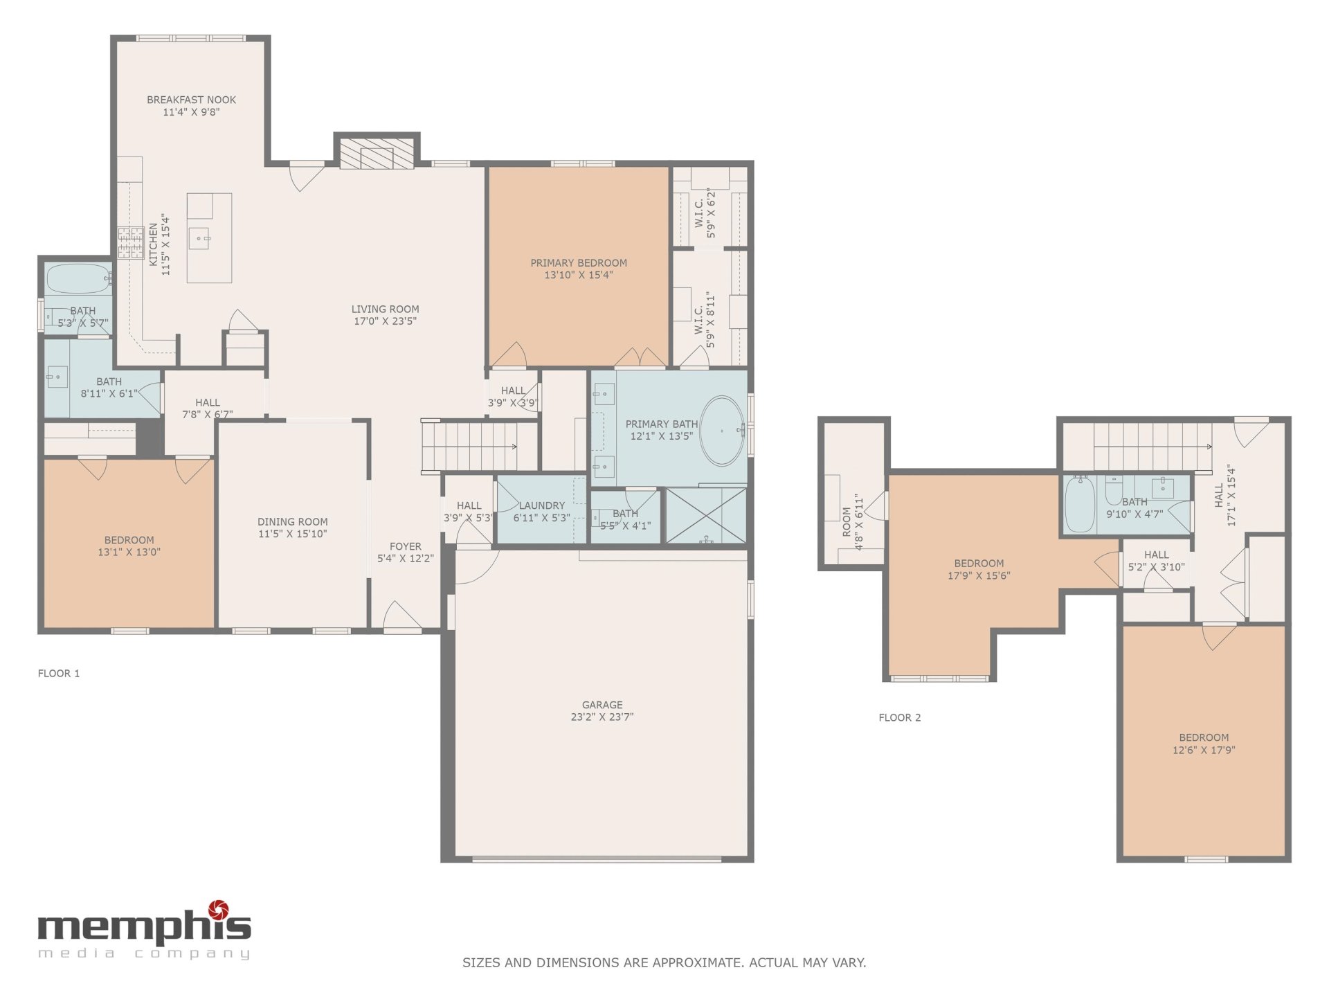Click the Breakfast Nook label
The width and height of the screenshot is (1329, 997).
coord(191,100)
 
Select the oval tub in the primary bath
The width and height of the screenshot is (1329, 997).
coord(722,431)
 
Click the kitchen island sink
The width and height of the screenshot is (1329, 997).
coord(202,239)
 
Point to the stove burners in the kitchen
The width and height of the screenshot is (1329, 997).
coord(131,243)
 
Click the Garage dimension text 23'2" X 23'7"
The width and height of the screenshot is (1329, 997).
coord(602,717)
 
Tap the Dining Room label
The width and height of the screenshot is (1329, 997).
coord(293,522)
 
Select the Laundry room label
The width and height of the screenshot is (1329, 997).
coord(542,505)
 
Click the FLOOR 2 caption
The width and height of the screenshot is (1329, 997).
coord(900,717)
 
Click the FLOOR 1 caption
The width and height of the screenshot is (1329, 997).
coord(59,673)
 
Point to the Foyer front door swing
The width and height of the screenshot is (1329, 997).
coord(402,616)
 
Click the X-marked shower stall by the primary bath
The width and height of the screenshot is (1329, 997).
coord(706,515)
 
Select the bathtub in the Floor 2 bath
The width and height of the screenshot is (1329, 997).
coord(1079,504)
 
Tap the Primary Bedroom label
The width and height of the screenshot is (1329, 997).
coord(579,263)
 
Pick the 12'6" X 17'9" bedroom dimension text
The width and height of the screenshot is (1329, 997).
coord(1204,750)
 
